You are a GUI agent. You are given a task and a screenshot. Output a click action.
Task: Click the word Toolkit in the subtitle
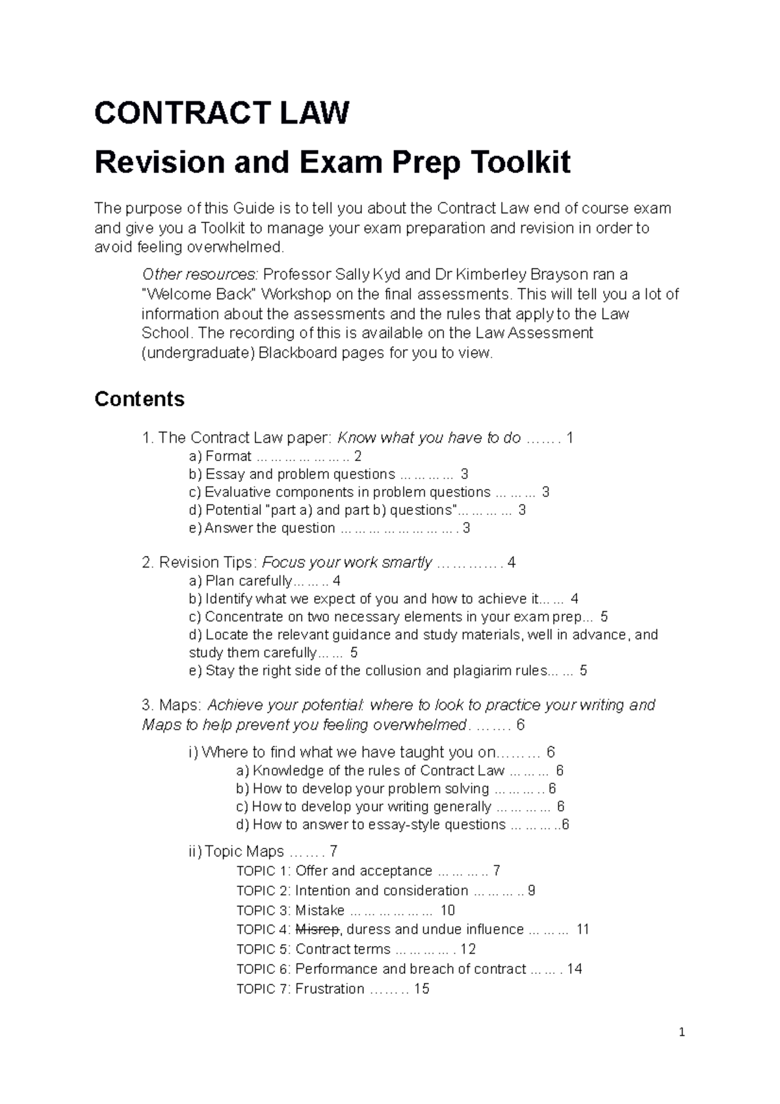[519, 163]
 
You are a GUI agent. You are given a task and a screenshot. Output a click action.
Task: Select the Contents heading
[139, 399]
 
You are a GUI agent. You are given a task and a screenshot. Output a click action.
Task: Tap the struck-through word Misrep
[317, 930]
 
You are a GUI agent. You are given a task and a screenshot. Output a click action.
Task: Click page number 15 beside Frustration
[421, 989]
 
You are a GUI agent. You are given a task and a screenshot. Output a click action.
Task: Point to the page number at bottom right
[682, 1032]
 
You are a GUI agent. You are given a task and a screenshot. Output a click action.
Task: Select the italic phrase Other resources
[200, 274]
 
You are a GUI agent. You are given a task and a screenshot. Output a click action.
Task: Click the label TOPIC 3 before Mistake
[263, 910]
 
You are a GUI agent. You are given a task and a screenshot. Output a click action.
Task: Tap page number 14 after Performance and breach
[574, 969]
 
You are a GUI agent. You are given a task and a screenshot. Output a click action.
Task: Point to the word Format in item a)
[228, 456]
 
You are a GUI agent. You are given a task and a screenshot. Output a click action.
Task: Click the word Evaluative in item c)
[236, 492]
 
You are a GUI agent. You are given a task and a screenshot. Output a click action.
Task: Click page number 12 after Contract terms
[468, 949]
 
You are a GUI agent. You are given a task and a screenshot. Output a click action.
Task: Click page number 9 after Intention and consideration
[531, 891]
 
